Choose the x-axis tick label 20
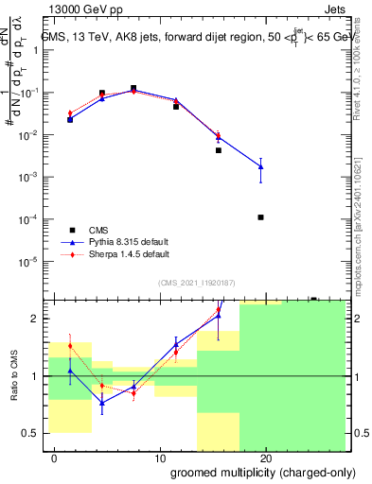(266, 458)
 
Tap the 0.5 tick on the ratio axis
(29, 433)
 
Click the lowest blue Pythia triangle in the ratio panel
(102, 402)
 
